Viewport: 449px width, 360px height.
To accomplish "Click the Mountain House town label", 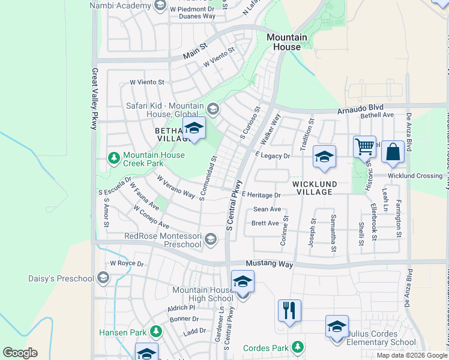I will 286,42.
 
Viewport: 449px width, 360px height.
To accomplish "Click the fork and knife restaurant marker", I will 289,311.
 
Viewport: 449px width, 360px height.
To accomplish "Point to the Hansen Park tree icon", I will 156,331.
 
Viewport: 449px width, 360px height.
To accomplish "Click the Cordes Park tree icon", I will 297,347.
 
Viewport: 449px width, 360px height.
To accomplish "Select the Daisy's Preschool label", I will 61,278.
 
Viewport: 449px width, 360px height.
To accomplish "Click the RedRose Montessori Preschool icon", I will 210,240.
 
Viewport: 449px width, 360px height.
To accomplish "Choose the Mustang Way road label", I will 270,265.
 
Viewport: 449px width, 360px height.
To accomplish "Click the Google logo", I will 20,353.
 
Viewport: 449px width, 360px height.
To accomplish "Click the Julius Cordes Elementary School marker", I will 337,327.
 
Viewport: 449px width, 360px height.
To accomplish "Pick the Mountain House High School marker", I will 243,282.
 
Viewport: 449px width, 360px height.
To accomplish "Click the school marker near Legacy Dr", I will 324,157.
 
